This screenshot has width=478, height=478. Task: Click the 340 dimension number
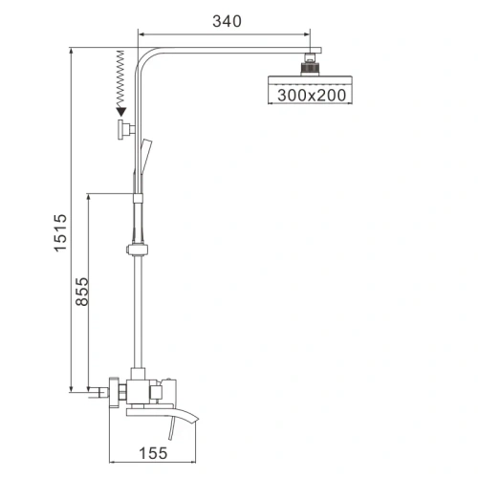[x=226, y=19]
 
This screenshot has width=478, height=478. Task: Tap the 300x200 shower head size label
[x=312, y=95]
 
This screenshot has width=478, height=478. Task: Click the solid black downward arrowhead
[x=119, y=114]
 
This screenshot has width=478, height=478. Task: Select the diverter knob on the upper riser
[x=125, y=131]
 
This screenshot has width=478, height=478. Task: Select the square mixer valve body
[x=147, y=387]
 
